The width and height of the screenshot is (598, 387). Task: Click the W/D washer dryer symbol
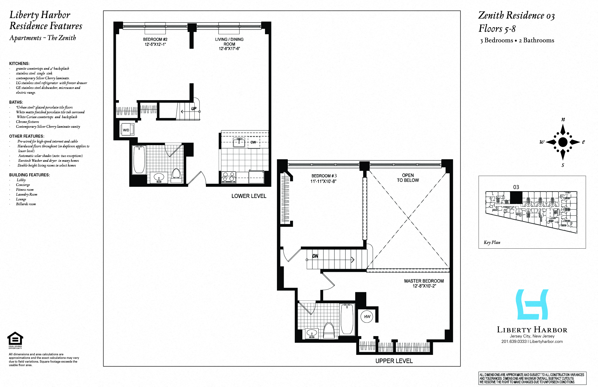[127, 130]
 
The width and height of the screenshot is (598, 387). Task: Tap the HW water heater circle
[367, 317]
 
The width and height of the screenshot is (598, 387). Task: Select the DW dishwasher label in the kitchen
[253, 142]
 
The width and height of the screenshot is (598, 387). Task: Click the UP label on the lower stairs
[194, 109]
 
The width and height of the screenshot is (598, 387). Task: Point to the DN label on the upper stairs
[315, 256]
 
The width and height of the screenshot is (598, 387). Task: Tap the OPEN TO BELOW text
[408, 178]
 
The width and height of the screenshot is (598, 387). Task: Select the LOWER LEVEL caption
[249, 196]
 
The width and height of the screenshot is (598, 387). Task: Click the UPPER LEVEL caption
[394, 361]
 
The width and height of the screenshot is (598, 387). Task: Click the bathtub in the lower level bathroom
[139, 159]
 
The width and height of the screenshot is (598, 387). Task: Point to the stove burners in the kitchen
[229, 177]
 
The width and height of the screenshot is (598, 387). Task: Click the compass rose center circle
[563, 142]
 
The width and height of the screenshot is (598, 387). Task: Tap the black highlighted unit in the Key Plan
[516, 197]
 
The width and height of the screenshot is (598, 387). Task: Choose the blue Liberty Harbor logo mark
[532, 304]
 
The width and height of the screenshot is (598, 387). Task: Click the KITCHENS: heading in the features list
[19, 64]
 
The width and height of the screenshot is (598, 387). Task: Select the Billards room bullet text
[26, 204]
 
